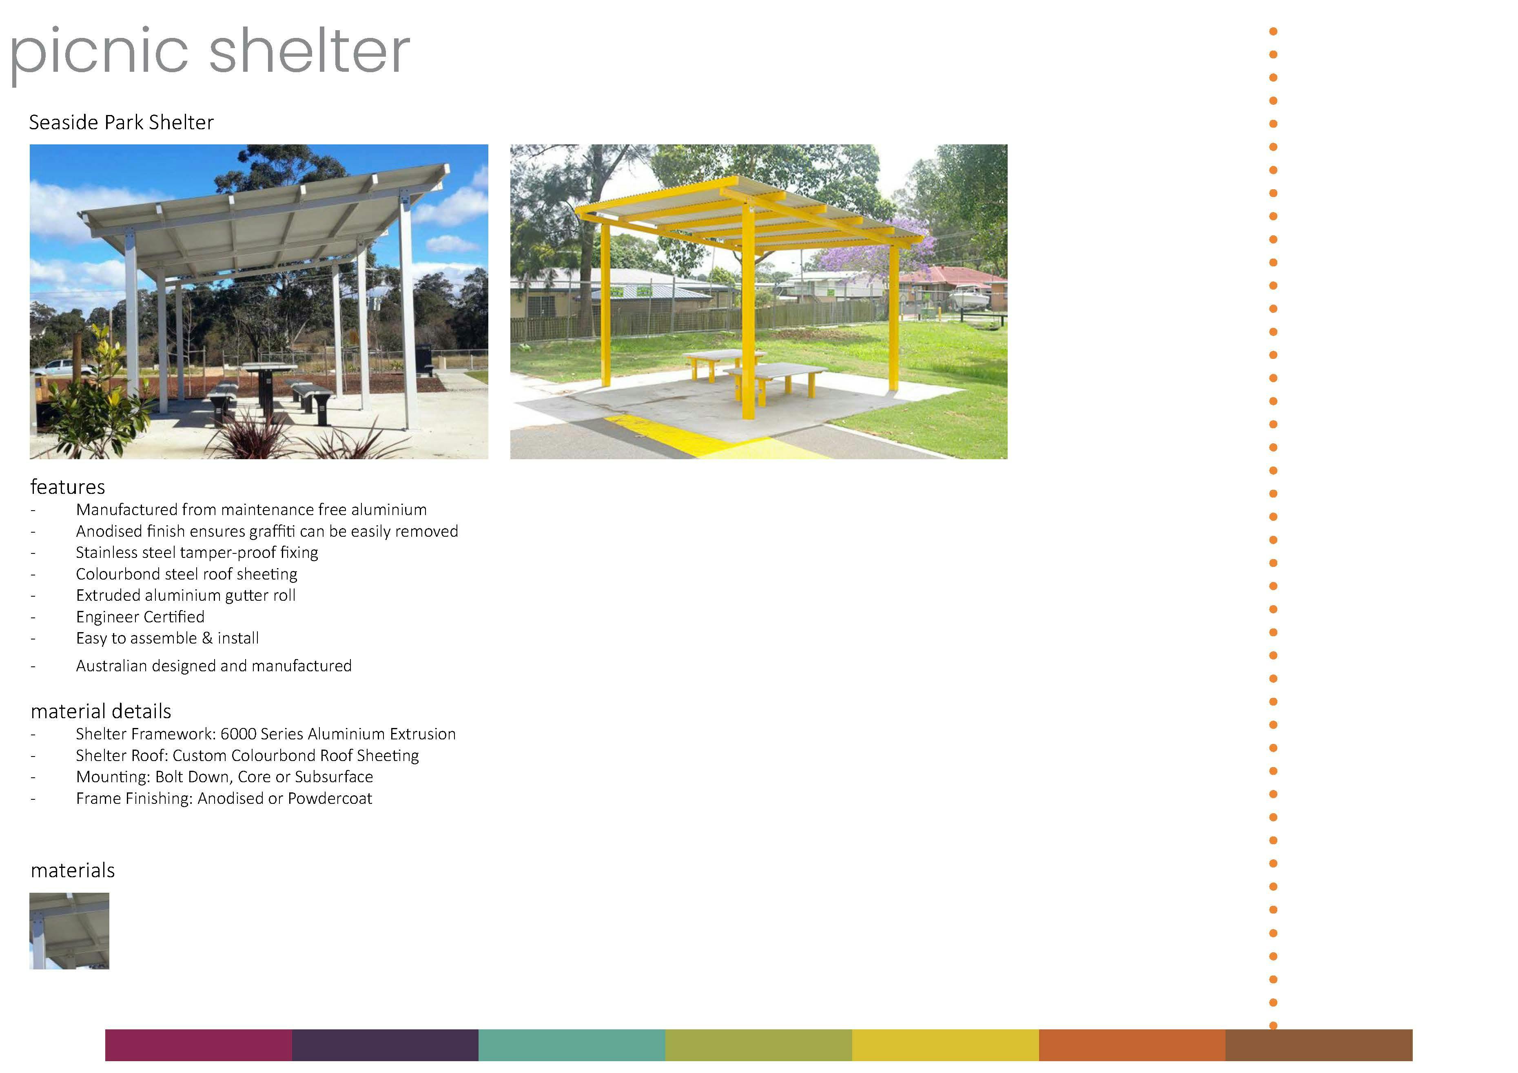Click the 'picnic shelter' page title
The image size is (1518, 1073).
point(210,53)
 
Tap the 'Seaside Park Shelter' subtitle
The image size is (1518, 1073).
point(122,122)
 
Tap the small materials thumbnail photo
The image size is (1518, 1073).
point(69,931)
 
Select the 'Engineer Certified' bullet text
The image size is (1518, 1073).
point(140,617)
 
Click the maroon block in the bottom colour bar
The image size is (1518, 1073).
point(198,1045)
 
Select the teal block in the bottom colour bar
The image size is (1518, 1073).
point(572,1045)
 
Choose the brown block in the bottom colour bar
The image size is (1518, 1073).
point(1319,1045)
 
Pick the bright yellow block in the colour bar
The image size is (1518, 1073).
point(946,1045)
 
